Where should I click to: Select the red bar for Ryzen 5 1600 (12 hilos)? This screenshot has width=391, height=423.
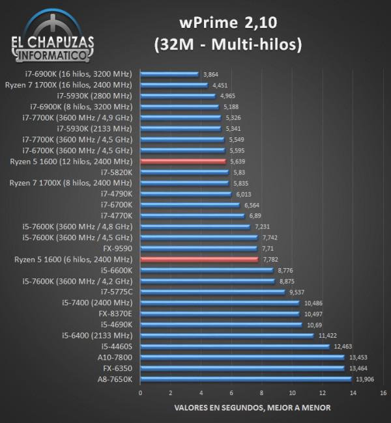point(182,161)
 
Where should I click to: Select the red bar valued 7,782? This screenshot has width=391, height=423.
point(199,259)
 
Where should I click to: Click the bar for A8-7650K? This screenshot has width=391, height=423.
point(245,379)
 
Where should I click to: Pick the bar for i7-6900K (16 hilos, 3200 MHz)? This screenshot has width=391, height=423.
point(169,74)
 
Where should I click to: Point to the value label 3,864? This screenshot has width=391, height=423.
point(210,74)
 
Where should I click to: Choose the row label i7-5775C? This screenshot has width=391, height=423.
point(116,292)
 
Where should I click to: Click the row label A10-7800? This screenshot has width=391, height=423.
point(114,357)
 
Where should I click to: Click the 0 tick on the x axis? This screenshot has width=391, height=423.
point(140,393)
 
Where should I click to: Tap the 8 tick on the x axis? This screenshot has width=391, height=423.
point(261,393)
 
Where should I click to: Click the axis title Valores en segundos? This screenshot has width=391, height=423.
point(252,408)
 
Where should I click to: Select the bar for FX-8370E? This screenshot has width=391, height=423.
point(220,314)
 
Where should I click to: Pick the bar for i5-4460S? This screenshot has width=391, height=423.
point(235,346)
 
